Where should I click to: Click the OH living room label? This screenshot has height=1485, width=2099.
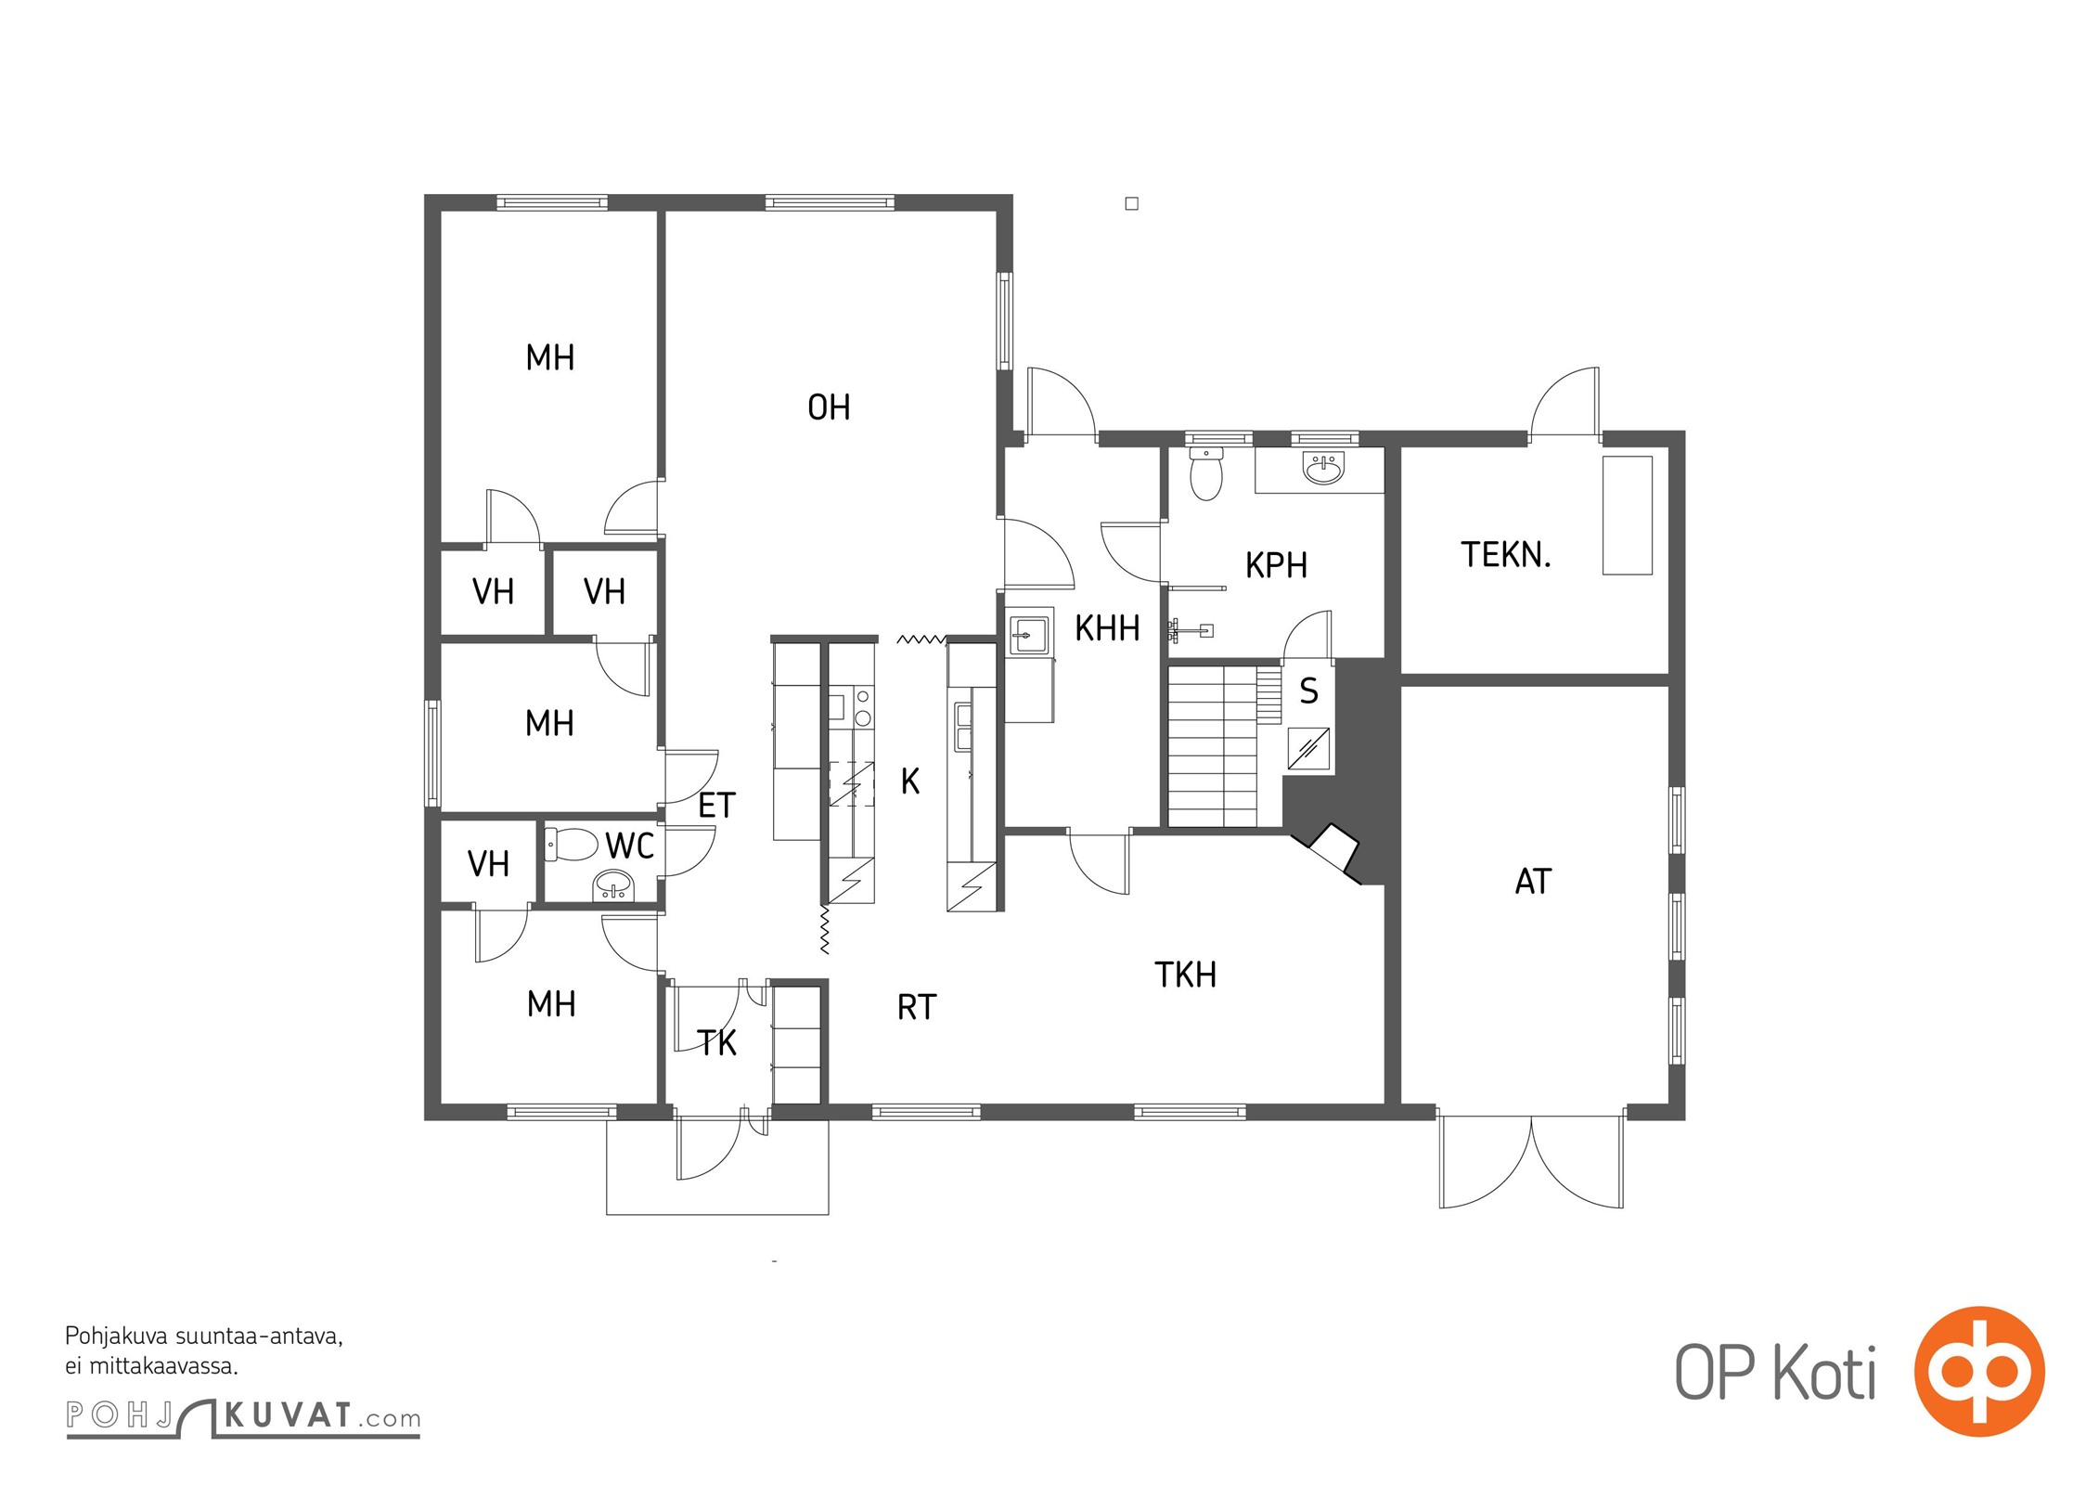tap(829, 407)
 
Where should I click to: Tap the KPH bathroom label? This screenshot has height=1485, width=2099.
tap(1276, 565)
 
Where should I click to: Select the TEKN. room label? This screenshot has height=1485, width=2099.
tap(1505, 555)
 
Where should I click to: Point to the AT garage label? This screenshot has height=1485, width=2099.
tap(1533, 882)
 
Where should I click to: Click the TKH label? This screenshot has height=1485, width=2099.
tap(1185, 975)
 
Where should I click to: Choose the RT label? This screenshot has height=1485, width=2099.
tap(917, 1008)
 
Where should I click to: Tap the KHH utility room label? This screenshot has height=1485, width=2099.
tap(1107, 629)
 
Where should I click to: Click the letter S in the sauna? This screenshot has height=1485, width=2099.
tap(1308, 691)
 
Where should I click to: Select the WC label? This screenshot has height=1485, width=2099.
tap(630, 846)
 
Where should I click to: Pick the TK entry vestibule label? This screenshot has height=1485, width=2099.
tap(717, 1043)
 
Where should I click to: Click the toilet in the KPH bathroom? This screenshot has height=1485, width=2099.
tap(1206, 474)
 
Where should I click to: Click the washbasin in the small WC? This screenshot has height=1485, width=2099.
tap(613, 886)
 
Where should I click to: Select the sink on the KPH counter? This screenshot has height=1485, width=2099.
tap(1323, 469)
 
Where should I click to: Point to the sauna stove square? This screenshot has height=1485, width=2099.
tap(1308, 749)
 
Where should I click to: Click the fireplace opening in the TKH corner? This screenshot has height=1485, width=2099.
tap(1333, 850)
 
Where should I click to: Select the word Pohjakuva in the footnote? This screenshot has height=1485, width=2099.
tap(117, 1337)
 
